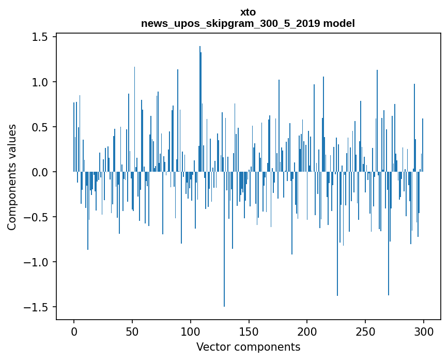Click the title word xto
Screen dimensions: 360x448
pos(248,12)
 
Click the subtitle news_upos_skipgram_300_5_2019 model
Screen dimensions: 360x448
pos(248,23)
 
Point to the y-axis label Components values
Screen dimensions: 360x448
pos(11,177)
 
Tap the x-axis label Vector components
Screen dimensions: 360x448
pos(248,347)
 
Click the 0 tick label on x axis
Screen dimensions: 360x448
pos(74,331)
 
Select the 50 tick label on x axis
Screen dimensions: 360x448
pos(132,331)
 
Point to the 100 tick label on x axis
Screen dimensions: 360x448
pos(191,331)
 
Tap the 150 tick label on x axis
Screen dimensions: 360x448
pos(249,331)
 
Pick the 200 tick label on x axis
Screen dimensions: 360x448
pos(307,331)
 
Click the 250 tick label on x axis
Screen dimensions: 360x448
pos(365,331)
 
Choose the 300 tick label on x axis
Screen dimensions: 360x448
pos(424,331)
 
